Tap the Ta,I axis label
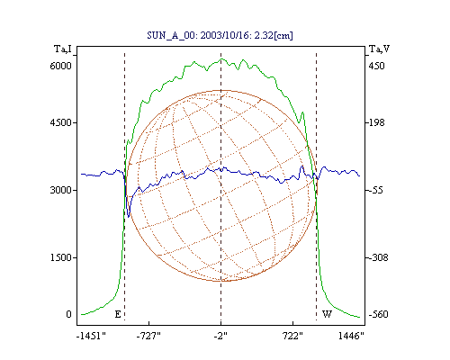click(63, 49)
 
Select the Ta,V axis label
click(379, 49)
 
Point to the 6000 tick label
click(61, 66)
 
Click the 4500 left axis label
click(61, 122)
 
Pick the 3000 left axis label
click(61, 190)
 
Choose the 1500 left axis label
click(61, 257)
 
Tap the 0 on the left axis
click(68, 314)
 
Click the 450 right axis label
click(376, 66)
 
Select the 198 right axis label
click(376, 122)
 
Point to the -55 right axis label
click(376, 190)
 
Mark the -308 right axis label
click(378, 257)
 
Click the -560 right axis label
click(378, 314)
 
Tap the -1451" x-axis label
click(92, 336)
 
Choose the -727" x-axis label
click(148, 336)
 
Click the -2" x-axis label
click(220, 336)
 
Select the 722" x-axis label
click(292, 336)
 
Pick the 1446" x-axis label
click(351, 336)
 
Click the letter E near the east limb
click(118, 314)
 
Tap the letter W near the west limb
click(327, 314)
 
